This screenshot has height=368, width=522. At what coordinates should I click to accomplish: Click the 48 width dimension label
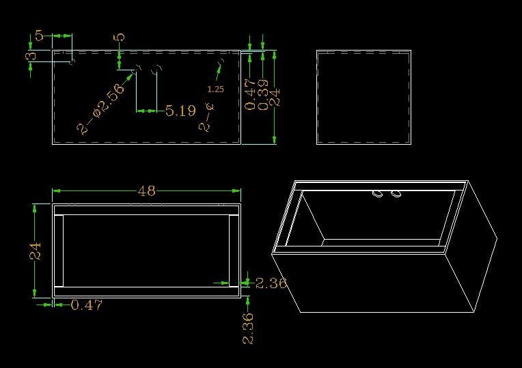click(x=147, y=191)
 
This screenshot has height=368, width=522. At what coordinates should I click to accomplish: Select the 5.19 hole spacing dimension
click(x=180, y=111)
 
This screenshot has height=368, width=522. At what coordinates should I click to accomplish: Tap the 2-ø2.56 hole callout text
click(x=100, y=109)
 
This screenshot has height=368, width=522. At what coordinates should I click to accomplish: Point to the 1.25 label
click(x=215, y=89)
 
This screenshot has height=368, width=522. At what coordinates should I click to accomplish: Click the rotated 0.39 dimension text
click(x=263, y=94)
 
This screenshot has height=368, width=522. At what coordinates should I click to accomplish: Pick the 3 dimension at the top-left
click(x=31, y=55)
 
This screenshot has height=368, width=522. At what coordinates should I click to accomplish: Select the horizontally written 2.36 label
click(x=271, y=283)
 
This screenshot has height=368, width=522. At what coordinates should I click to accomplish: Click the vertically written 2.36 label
click(x=248, y=328)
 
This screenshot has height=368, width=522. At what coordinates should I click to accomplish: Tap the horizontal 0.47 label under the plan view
click(x=87, y=305)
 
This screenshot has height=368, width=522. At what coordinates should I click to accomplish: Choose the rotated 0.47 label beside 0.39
click(x=250, y=94)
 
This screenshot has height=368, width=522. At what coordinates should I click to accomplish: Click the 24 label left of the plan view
click(x=35, y=251)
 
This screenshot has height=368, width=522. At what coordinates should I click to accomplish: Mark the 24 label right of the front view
click(x=275, y=98)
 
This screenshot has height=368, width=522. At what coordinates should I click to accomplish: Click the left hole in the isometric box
click(x=378, y=194)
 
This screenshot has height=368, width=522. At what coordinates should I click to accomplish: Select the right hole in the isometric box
click(x=396, y=194)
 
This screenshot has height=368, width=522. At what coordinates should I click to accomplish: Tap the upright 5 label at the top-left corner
click(x=39, y=36)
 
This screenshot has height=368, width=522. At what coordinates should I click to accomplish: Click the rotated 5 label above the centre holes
click(x=120, y=37)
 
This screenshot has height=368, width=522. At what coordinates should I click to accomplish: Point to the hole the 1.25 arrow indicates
click(x=221, y=61)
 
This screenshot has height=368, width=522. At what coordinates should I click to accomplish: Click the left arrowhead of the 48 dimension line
click(x=56, y=190)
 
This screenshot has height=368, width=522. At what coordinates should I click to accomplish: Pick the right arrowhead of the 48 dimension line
click(x=236, y=190)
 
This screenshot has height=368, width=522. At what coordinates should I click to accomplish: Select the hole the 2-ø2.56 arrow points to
click(x=137, y=69)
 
